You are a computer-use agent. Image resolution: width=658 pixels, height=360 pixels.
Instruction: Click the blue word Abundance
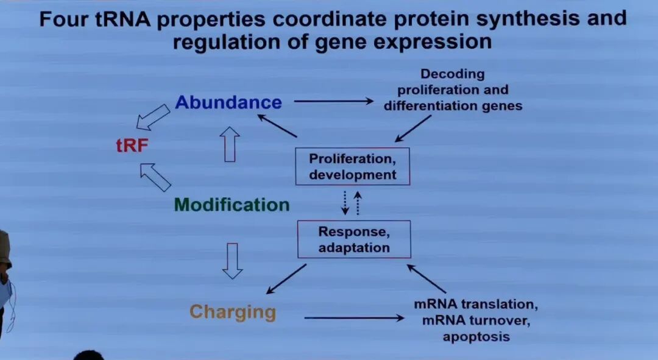[x=228, y=102]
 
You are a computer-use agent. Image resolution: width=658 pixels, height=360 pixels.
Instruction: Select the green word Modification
[x=232, y=205]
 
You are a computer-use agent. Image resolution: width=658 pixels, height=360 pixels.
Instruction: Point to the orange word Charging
[x=233, y=312]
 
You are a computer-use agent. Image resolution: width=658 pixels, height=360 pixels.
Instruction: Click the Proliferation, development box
[x=352, y=166]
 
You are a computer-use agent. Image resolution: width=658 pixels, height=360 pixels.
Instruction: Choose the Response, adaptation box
[x=353, y=239]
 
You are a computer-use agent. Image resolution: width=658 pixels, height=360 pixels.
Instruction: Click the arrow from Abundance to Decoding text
[x=333, y=101]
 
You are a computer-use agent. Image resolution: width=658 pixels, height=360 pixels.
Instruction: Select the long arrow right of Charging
[x=354, y=317]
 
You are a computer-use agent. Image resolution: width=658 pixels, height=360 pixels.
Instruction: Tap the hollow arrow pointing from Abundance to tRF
[x=152, y=116]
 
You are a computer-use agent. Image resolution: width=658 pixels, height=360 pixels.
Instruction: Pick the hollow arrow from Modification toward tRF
[x=155, y=177]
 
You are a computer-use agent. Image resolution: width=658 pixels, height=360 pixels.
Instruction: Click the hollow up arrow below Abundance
[x=230, y=144]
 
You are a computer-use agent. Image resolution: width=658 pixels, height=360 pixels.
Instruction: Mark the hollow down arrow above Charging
[x=232, y=261]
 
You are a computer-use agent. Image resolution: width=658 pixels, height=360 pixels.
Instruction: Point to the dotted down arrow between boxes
[x=345, y=203]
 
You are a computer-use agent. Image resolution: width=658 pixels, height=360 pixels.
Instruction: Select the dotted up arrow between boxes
[x=358, y=203]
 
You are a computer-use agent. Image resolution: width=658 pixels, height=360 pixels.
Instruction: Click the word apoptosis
[x=476, y=336]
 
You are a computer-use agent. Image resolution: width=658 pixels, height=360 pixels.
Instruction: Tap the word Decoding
[x=453, y=74]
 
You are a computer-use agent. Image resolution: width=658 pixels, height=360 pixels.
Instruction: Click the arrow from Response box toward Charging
[x=286, y=278]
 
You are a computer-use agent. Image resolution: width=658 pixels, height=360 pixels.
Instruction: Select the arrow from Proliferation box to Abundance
[x=277, y=125]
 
